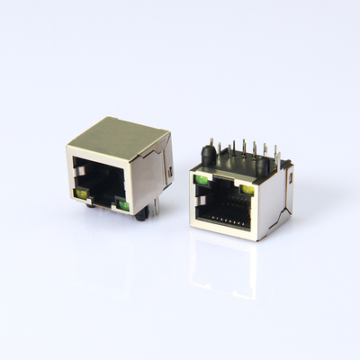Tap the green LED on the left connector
pyautogui.click(x=121, y=203)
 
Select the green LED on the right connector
pyautogui.click(x=202, y=183)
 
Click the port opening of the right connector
pyautogui.click(x=225, y=208)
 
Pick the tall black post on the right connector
pyautogui.click(x=210, y=156)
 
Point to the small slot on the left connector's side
pyautogui.click(x=168, y=170)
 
